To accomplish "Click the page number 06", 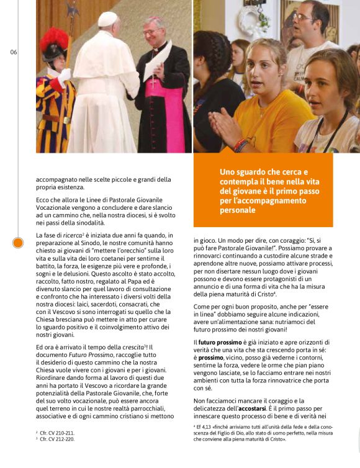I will (x=14, y=52).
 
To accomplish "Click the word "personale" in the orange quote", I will (x=236, y=210).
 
